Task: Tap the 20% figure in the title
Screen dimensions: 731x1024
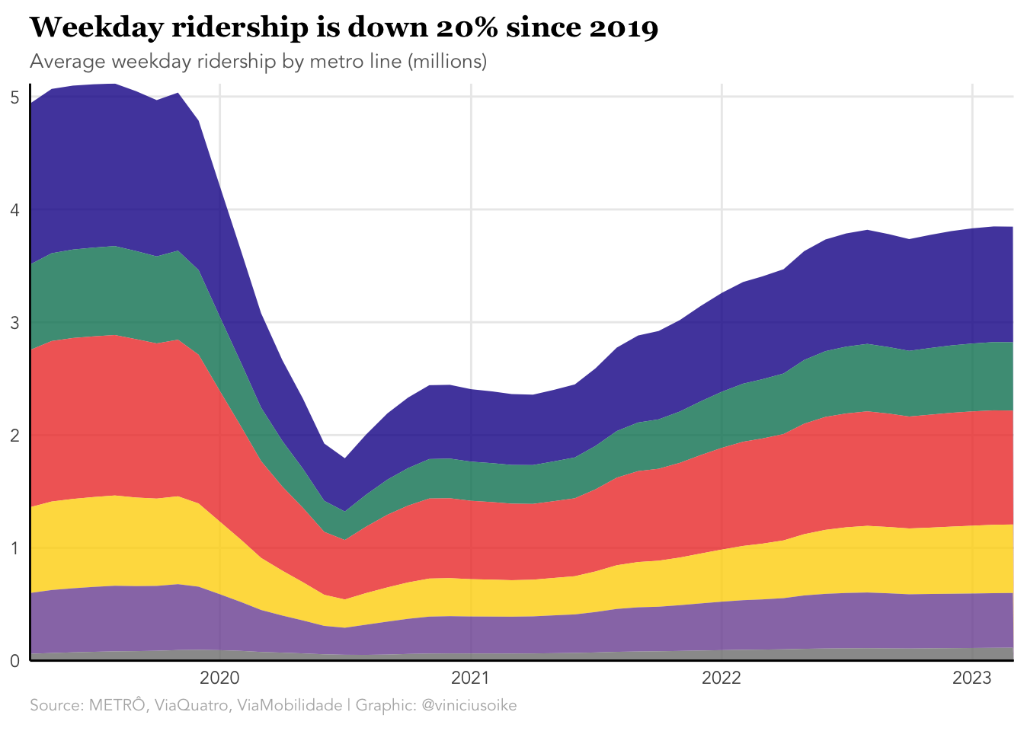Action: [466, 28]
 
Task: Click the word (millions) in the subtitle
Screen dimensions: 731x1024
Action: [447, 62]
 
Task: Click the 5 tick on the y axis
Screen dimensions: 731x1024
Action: [14, 97]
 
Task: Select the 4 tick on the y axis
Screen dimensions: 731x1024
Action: [14, 210]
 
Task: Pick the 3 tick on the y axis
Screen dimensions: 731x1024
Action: [14, 323]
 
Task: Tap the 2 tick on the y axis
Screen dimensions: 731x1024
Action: [14, 436]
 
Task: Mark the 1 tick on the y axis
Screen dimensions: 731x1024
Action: [14, 548]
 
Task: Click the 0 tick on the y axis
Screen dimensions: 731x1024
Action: [14, 660]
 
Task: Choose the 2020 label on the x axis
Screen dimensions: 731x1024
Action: [219, 678]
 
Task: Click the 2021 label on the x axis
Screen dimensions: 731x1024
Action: [470, 678]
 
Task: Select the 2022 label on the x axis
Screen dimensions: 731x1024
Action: [721, 678]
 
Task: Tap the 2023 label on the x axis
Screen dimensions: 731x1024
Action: [972, 678]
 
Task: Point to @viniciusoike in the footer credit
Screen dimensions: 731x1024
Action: [469, 706]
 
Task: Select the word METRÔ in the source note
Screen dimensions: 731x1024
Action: [117, 706]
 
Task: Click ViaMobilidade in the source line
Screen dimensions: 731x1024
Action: [290, 706]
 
